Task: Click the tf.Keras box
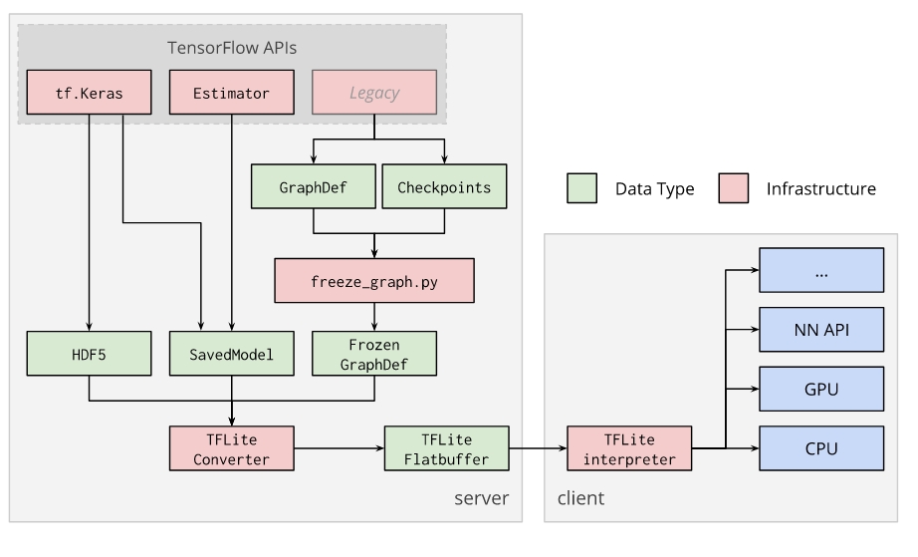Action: [x=90, y=93]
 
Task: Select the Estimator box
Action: [x=232, y=93]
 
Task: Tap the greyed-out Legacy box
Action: [x=374, y=93]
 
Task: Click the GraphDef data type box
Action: [x=314, y=187]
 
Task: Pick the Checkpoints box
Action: [x=445, y=187]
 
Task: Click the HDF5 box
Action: [x=90, y=354]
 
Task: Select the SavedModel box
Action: [x=232, y=354]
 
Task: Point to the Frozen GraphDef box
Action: [x=374, y=354]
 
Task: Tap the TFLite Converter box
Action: [x=232, y=448]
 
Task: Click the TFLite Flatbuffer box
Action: [x=446, y=448]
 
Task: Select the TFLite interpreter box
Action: [x=628, y=448]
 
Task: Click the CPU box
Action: [x=821, y=448]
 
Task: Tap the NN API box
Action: [x=821, y=328]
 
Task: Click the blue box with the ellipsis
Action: [x=821, y=269]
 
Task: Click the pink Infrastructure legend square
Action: [x=733, y=187]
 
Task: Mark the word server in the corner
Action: [x=482, y=498]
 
